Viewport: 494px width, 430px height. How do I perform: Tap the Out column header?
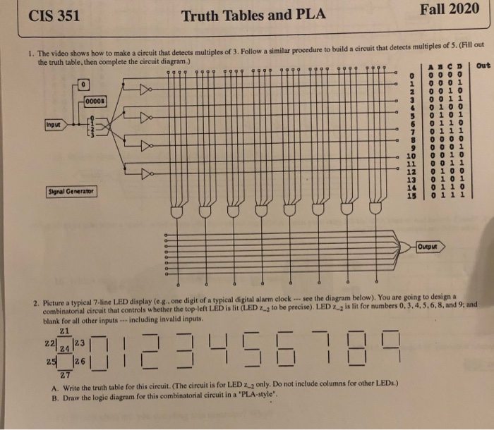tap(483, 66)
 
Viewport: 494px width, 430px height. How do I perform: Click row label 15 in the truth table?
tap(409, 195)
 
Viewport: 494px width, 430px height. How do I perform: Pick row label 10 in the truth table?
tap(410, 155)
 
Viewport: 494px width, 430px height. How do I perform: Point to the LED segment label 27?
tap(65, 374)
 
